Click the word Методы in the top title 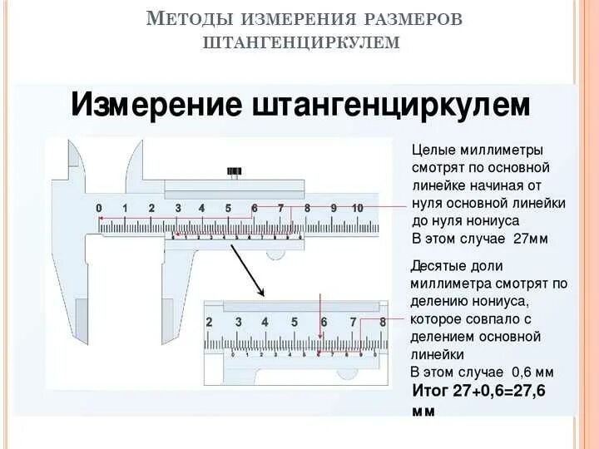pyautogui.click(x=191, y=19)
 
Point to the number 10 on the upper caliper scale pyautogui.click(x=358, y=208)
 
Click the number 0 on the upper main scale pyautogui.click(x=99, y=208)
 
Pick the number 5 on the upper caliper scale pyautogui.click(x=228, y=208)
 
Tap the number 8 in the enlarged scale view pyautogui.click(x=383, y=322)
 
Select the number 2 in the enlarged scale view pyautogui.click(x=209, y=322)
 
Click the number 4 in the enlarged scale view pyautogui.click(x=265, y=322)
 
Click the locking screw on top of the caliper pyautogui.click(x=234, y=173)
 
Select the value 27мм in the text pyautogui.click(x=529, y=239)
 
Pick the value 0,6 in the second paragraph pyautogui.click(x=518, y=372)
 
